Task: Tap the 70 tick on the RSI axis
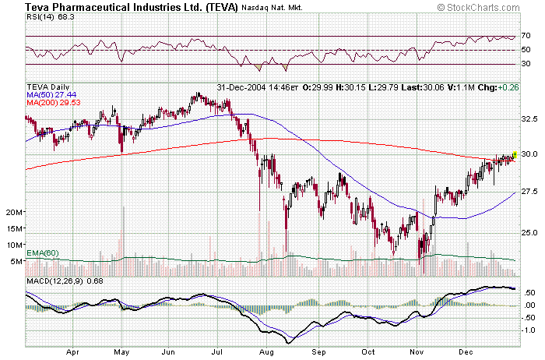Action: coord(526,36)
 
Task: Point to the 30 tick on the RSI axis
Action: coord(526,64)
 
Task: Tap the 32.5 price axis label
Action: coord(529,119)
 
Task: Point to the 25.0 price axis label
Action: coord(529,232)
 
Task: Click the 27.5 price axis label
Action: coord(529,191)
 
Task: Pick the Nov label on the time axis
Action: coord(417,351)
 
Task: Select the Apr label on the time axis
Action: coord(73,351)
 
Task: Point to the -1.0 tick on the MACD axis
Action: coord(528,330)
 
